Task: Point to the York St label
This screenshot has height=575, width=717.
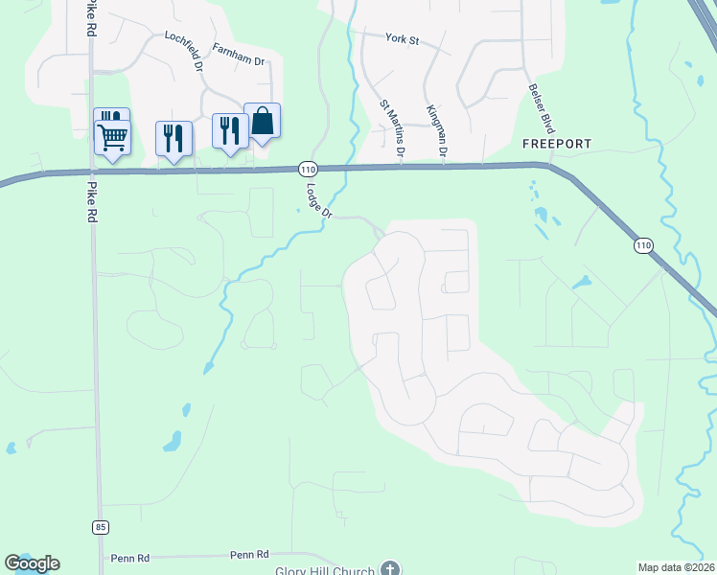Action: tap(403, 38)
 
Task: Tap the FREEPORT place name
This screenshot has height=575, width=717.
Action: tap(557, 144)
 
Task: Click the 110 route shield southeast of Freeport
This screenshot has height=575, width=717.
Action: tap(641, 246)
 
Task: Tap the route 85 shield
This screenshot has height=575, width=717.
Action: tap(101, 526)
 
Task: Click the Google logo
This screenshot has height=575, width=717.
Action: tap(32, 563)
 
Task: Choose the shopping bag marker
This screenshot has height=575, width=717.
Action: tap(262, 121)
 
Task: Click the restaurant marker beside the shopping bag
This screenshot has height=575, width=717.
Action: tap(230, 129)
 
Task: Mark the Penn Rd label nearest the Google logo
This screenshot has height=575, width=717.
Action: tap(131, 557)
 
